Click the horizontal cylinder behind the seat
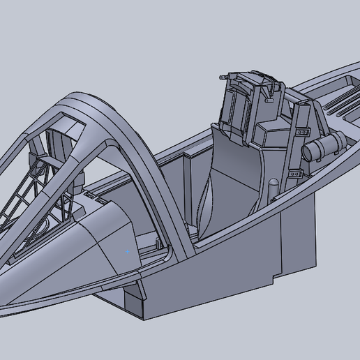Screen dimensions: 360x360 coord(324,146)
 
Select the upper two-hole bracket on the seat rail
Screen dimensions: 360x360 coord(303,130)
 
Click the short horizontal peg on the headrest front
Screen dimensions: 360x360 coord(269,98)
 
